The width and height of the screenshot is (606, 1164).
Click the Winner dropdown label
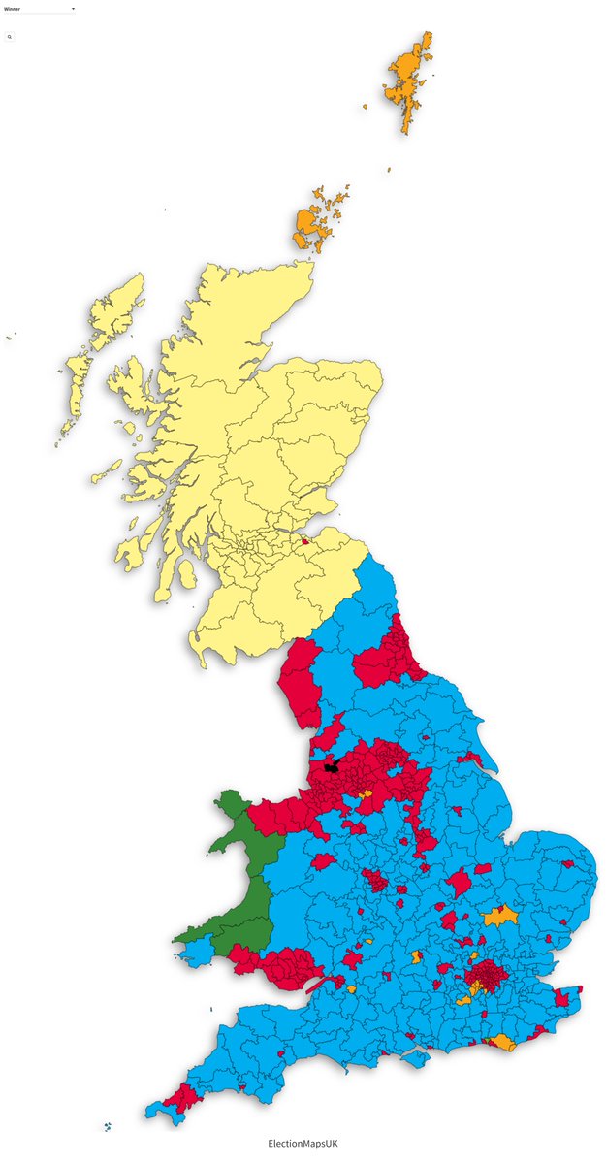tap(12, 8)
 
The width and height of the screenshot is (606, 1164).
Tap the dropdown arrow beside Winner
tap(72, 8)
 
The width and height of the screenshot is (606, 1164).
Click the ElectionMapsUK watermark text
tap(303, 1144)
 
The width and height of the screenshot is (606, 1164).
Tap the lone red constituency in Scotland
tap(305, 542)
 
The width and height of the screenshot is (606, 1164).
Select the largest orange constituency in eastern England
tap(501, 916)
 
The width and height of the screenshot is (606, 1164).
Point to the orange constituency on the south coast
tap(503, 1043)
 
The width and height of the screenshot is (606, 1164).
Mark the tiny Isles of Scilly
tap(107, 1127)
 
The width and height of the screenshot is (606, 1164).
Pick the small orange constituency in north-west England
tap(366, 794)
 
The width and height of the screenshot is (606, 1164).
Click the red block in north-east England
tap(388, 660)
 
